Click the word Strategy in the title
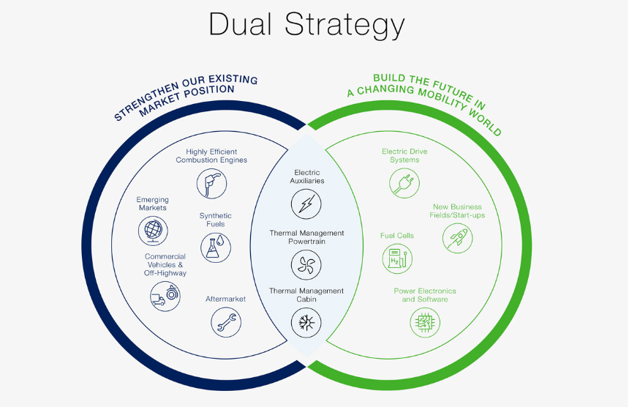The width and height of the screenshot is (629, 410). pyautogui.click(x=344, y=25)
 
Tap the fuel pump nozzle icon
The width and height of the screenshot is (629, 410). pyautogui.click(x=211, y=183)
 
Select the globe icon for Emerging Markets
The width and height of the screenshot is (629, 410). pyautogui.click(x=152, y=231)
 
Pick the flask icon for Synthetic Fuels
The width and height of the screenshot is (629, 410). pyautogui.click(x=215, y=248)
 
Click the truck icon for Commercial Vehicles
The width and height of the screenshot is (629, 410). pyautogui.click(x=164, y=297)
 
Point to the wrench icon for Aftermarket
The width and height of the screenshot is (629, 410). pyautogui.click(x=225, y=321)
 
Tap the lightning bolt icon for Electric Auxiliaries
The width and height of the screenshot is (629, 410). pyautogui.click(x=306, y=204)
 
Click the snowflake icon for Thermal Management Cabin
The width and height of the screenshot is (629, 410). pyautogui.click(x=306, y=321)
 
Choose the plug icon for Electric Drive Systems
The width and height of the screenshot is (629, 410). pyautogui.click(x=404, y=182)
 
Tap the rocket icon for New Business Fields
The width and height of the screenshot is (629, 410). pyautogui.click(x=458, y=238)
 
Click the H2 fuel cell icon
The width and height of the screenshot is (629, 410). pyautogui.click(x=396, y=258)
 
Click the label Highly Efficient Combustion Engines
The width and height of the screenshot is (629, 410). pyautogui.click(x=211, y=156)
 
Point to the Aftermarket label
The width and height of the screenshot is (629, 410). pyautogui.click(x=225, y=299)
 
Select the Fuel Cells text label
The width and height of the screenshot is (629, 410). pyautogui.click(x=396, y=236)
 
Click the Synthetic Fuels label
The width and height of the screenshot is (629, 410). pyautogui.click(x=215, y=220)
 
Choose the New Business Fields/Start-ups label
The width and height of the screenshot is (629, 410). pyautogui.click(x=458, y=211)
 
